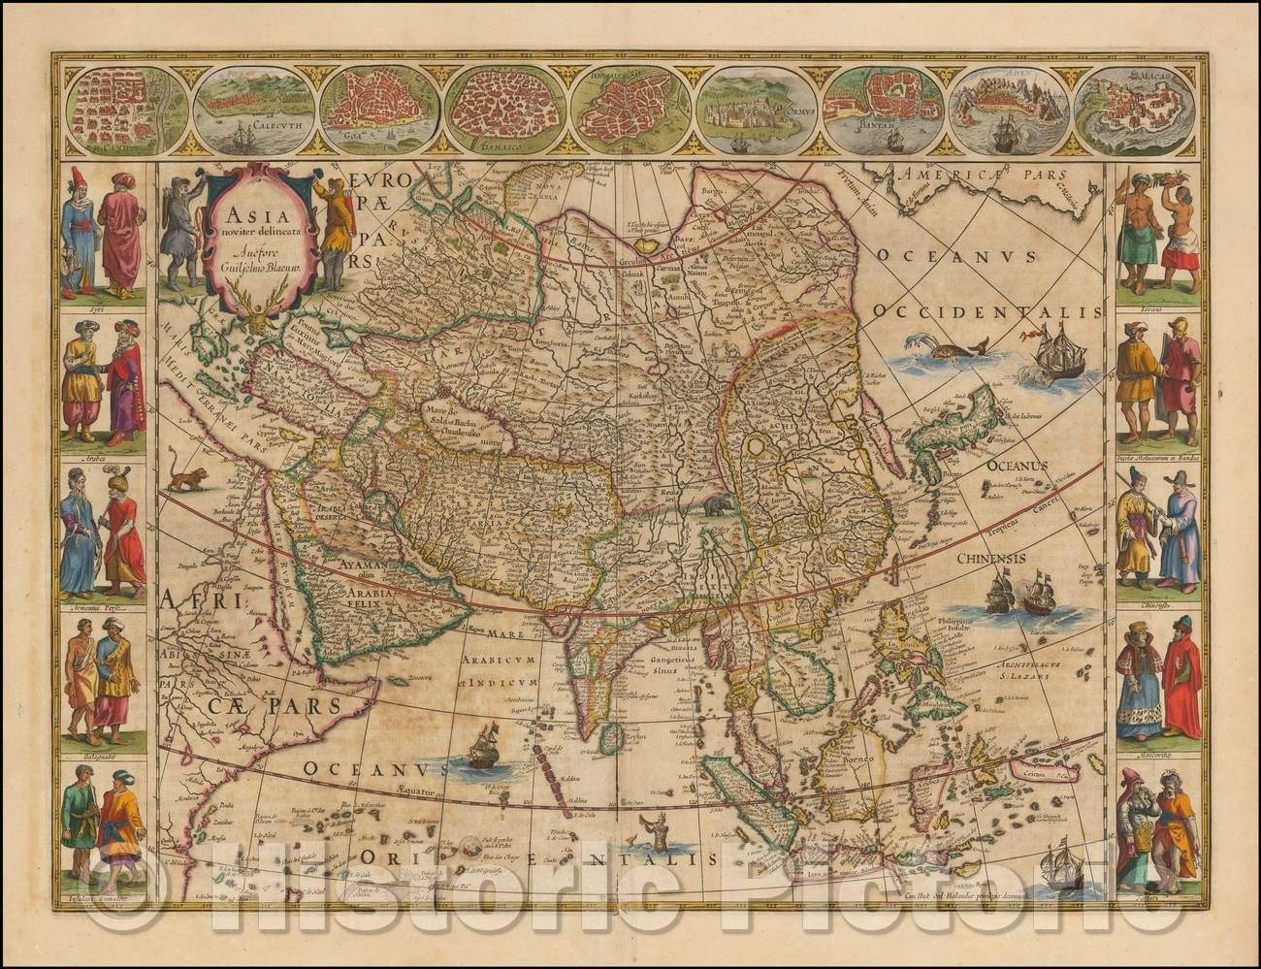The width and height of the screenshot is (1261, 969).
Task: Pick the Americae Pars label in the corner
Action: [980, 177]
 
